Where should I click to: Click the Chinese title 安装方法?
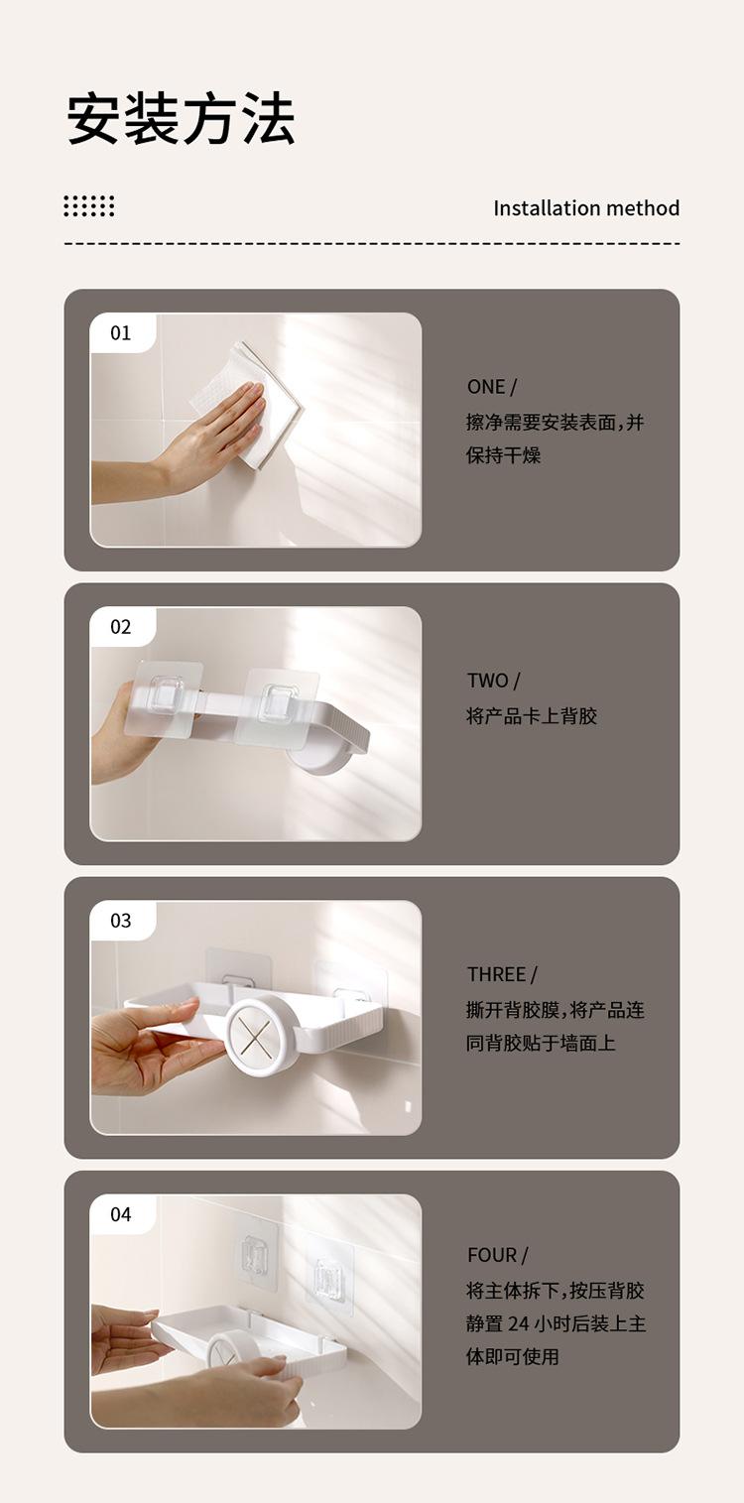pyautogui.click(x=182, y=119)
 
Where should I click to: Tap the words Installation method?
pyautogui.click(x=586, y=208)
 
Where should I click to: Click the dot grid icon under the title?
pyautogui.click(x=89, y=206)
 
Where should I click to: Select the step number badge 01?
pyautogui.click(x=121, y=332)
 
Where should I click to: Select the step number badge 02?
pyautogui.click(x=121, y=627)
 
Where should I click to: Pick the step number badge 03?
pyautogui.click(x=121, y=921)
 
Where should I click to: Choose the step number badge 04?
pyautogui.click(x=121, y=1214)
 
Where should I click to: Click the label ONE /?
pyautogui.click(x=492, y=387)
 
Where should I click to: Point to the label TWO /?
pyautogui.click(x=493, y=681)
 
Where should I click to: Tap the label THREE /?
pyautogui.click(x=502, y=975)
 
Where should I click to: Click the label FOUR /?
pyautogui.click(x=498, y=1255)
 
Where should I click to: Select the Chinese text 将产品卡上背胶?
pyautogui.click(x=532, y=716)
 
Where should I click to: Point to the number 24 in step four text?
pyautogui.click(x=519, y=1323)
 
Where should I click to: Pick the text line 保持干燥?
pyautogui.click(x=503, y=455)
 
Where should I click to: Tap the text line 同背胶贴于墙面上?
pyautogui.click(x=541, y=1044)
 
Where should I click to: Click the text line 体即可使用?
pyautogui.click(x=513, y=1357)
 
